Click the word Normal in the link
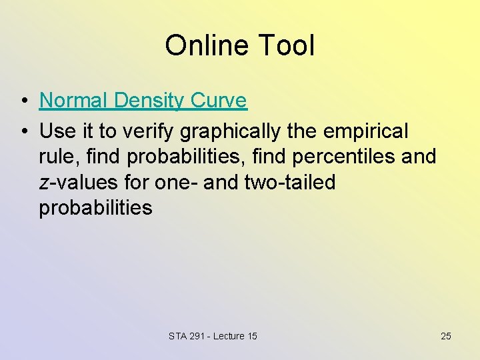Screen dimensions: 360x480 pyautogui.click(x=74, y=101)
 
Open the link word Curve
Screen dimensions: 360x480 pyautogui.click(x=219, y=101)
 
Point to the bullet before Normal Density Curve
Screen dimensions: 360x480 pyautogui.click(x=23, y=101)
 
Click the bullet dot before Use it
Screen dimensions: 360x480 pyautogui.click(x=23, y=132)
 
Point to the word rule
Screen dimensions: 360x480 pyautogui.click(x=59, y=157)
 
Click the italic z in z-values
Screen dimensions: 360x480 pyautogui.click(x=44, y=183)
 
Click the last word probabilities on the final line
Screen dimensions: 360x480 pyautogui.click(x=95, y=207)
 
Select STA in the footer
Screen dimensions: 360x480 pyautogui.click(x=179, y=336)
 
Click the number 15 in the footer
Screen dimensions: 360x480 pyautogui.click(x=251, y=336)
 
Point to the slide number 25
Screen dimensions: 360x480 pyautogui.click(x=446, y=336)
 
